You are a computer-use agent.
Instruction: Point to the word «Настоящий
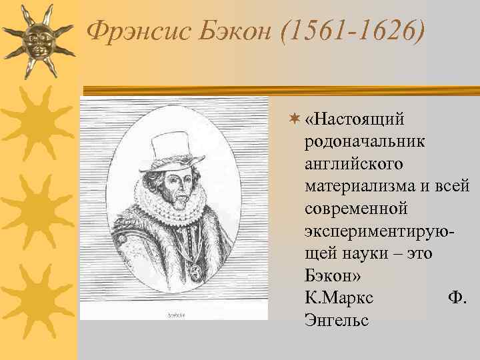355,120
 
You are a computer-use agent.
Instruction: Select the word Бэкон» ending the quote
329,275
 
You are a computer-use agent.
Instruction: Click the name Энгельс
336,321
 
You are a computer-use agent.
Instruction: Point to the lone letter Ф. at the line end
458,298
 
